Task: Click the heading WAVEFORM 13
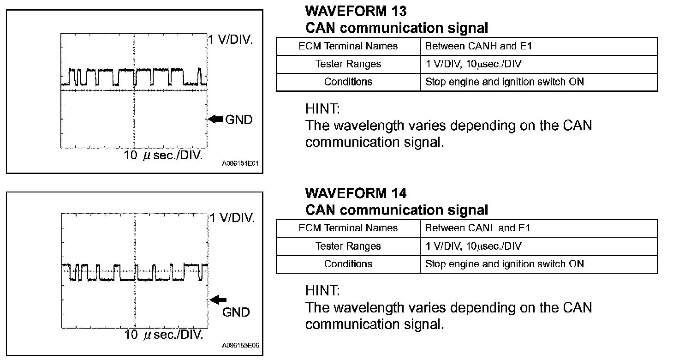pyautogui.click(x=356, y=11)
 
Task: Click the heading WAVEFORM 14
pyautogui.click(x=356, y=192)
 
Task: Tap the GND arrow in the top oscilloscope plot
pyautogui.click(x=215, y=120)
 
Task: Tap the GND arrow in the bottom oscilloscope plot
pyautogui.click(x=218, y=300)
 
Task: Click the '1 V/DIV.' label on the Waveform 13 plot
pyautogui.click(x=231, y=40)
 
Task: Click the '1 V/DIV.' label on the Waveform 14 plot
pyautogui.click(x=232, y=218)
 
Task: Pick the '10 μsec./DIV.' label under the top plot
pyautogui.click(x=163, y=155)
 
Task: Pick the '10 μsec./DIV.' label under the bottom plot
pyautogui.click(x=163, y=335)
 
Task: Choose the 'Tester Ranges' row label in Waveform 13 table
pyautogui.click(x=348, y=64)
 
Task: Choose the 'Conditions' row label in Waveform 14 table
pyautogui.click(x=348, y=264)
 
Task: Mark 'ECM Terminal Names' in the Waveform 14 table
pyautogui.click(x=348, y=228)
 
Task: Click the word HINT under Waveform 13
pyautogui.click(x=322, y=109)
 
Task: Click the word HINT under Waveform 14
pyautogui.click(x=322, y=291)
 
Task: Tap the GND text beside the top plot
pyautogui.click(x=239, y=120)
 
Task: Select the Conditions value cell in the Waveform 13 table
pyautogui.click(x=504, y=82)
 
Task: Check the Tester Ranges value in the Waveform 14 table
pyautogui.click(x=473, y=246)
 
